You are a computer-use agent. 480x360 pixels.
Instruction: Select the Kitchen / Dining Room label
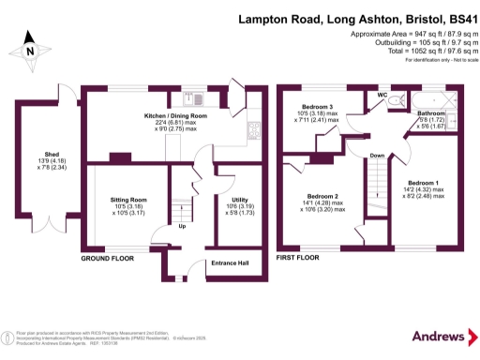(x=175, y=115)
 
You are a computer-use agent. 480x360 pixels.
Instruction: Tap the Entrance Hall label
(x=229, y=262)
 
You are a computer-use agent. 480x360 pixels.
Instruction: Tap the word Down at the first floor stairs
(x=376, y=156)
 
